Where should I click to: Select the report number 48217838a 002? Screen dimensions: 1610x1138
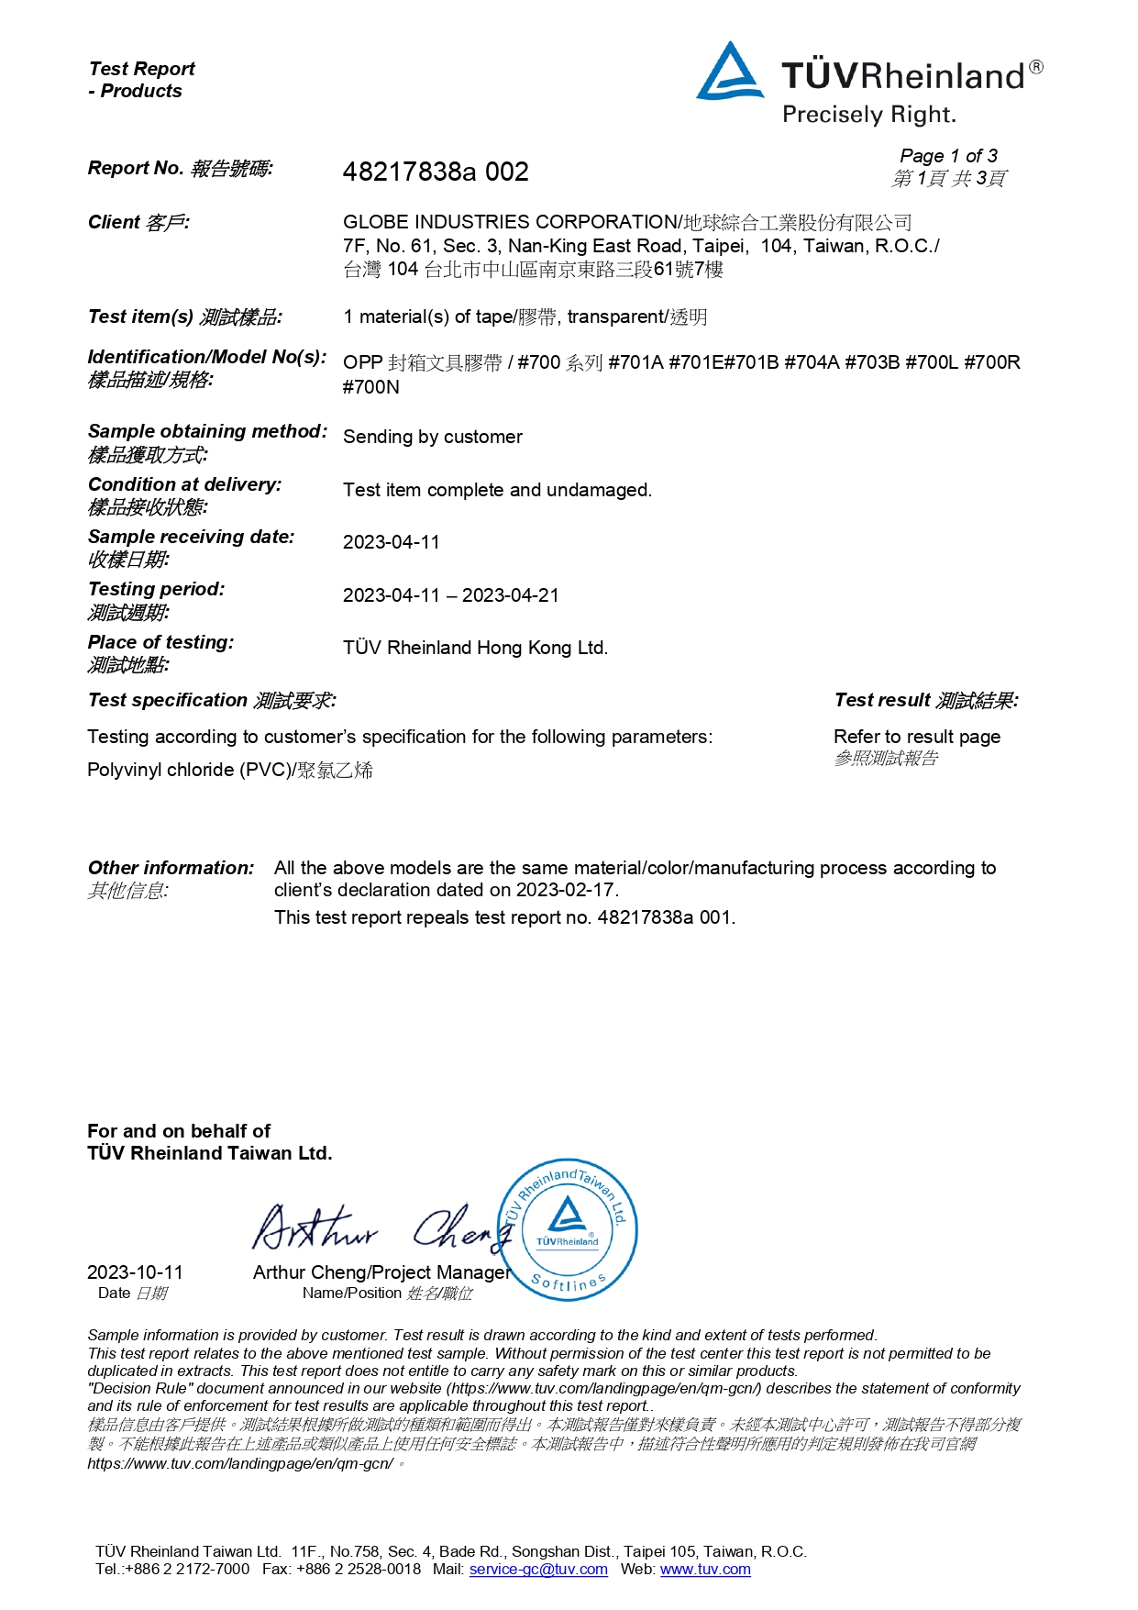pyautogui.click(x=436, y=172)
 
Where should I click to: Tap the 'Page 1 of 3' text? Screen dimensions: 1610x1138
pyautogui.click(x=948, y=156)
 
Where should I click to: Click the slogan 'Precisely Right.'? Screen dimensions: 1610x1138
pyautogui.click(x=868, y=116)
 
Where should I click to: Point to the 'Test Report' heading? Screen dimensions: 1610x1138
pyautogui.click(x=142, y=69)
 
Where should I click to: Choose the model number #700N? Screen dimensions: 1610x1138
pyautogui.click(x=371, y=387)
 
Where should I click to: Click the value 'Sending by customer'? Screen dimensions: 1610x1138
pyautogui.click(x=433, y=437)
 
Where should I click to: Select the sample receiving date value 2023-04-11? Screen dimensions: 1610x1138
pyautogui.click(x=392, y=542)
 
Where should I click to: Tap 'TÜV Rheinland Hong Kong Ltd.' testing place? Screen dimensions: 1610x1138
pyautogui.click(x=475, y=648)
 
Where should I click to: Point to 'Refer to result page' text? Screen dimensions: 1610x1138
pyautogui.click(x=917, y=737)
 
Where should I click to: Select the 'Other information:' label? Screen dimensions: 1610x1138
pyautogui.click(x=171, y=868)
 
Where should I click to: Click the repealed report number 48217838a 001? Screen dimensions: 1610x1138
pyautogui.click(x=666, y=917)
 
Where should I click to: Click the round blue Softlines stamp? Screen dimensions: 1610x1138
pyautogui.click(x=569, y=1228)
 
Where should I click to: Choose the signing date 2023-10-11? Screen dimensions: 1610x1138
pyautogui.click(x=135, y=1272)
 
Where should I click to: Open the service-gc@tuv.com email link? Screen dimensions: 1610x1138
pyautogui.click(x=538, y=1569)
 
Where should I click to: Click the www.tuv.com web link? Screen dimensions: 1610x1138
pyautogui.click(x=705, y=1569)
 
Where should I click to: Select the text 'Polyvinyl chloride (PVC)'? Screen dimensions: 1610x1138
pyautogui.click(x=188, y=770)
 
